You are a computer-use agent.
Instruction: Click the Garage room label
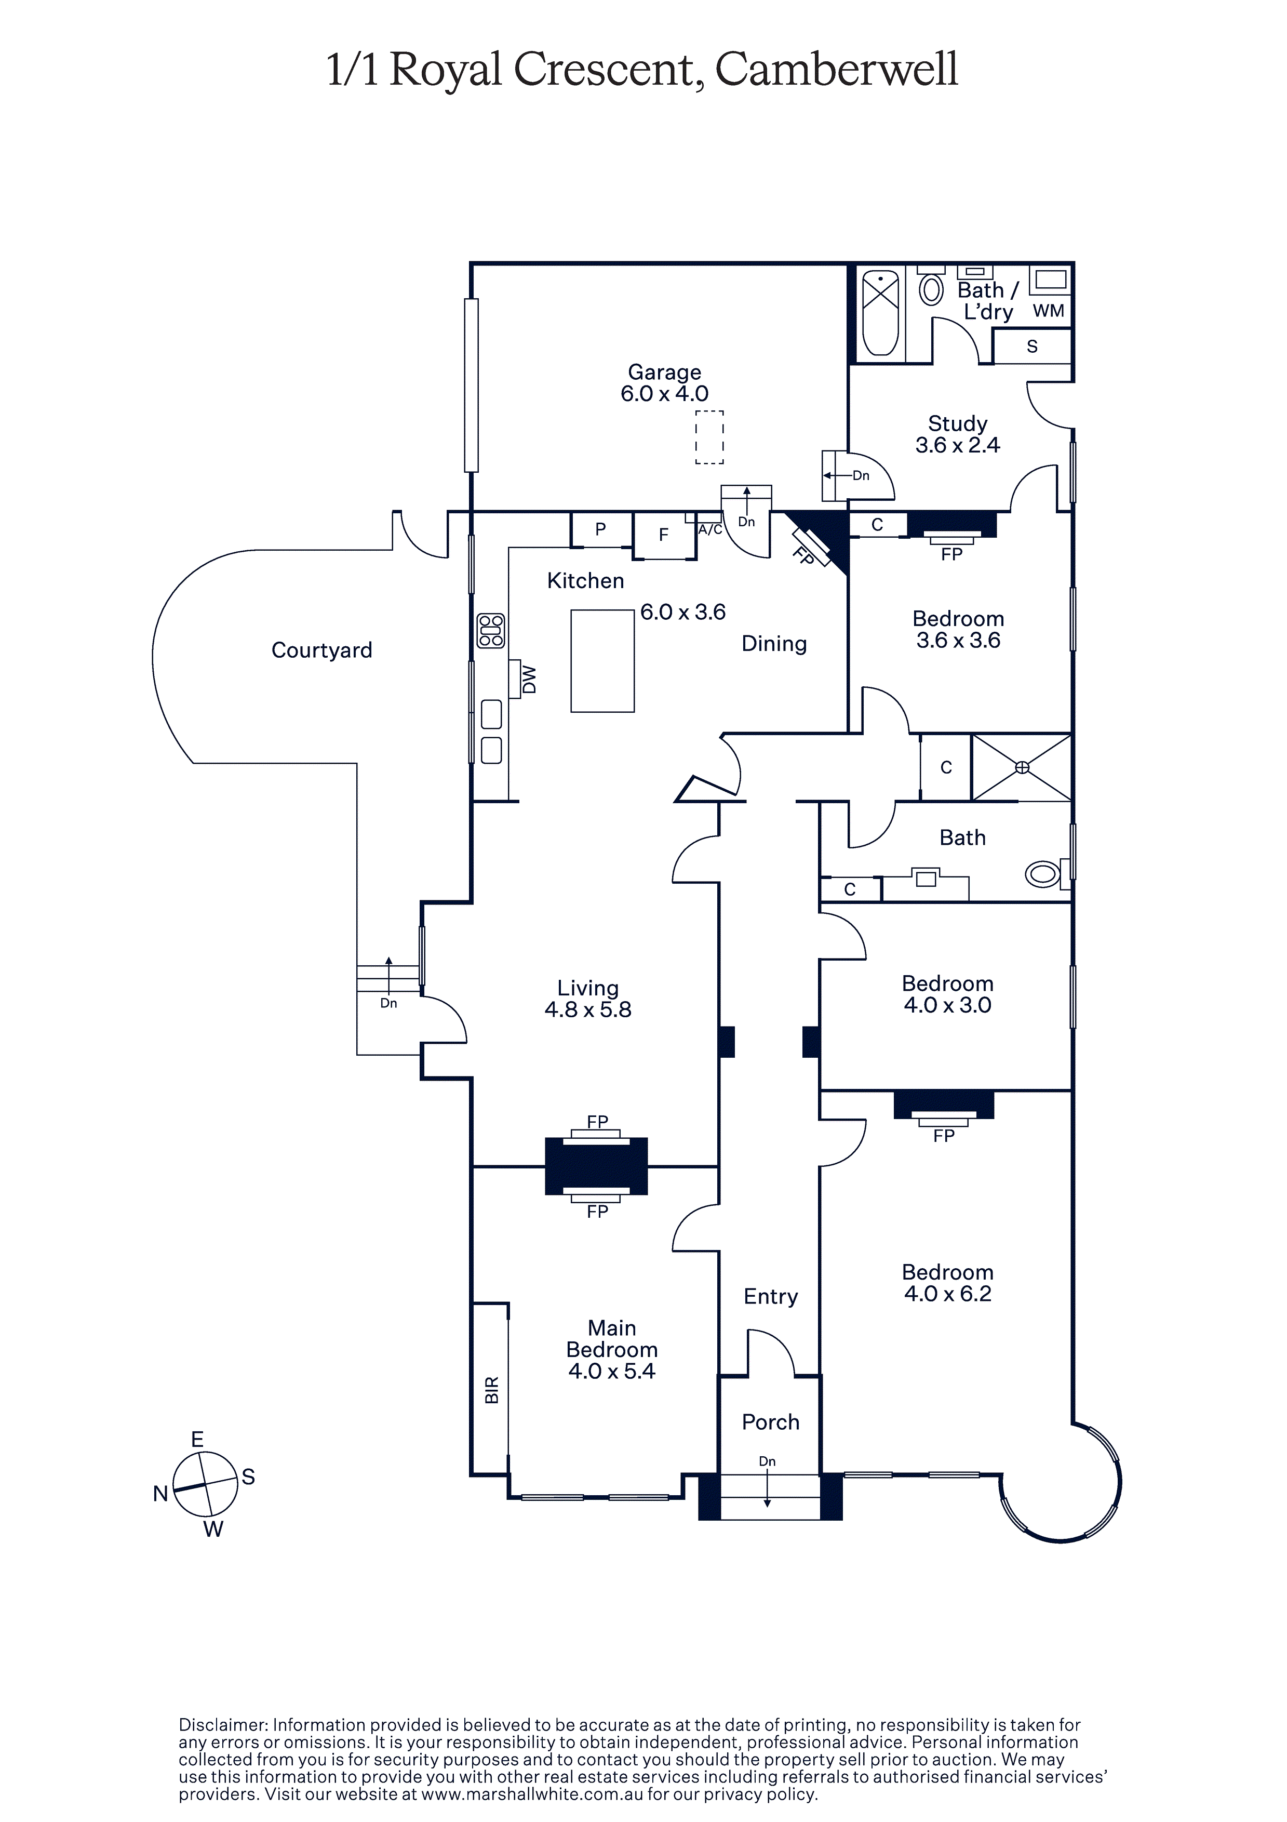[664, 372]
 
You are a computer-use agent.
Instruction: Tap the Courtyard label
[321, 650]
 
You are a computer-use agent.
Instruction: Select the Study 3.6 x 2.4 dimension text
[958, 445]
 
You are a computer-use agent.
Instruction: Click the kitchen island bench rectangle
[602, 660]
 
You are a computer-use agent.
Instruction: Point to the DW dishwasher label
[529, 679]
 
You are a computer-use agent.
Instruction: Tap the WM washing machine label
[1048, 311]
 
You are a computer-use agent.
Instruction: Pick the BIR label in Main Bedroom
[492, 1390]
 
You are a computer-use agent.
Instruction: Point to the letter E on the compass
[197, 1440]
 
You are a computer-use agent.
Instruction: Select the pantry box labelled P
[601, 529]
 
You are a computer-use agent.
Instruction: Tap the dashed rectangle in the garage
[709, 437]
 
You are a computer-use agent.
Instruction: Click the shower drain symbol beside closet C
[1022, 767]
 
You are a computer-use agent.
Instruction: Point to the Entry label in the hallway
[770, 1297]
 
